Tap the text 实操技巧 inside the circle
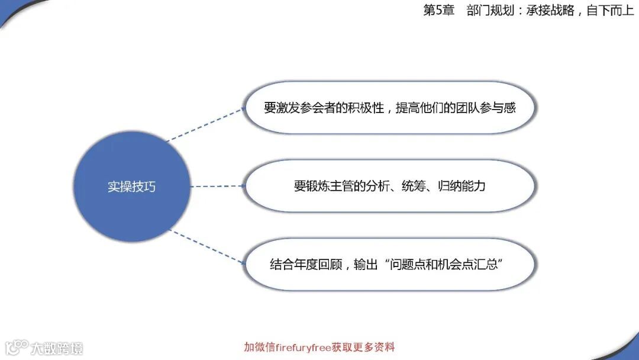[x=131, y=186]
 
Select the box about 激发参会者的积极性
[x=389, y=108]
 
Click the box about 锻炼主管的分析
[x=389, y=186]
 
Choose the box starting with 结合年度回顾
[x=389, y=264]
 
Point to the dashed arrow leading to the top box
[x=206, y=125]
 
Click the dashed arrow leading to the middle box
[x=217, y=186]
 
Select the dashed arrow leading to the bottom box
[x=207, y=246]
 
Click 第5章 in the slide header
[x=438, y=11]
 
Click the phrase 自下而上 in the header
[x=610, y=11]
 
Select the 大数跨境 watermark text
[x=57, y=348]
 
